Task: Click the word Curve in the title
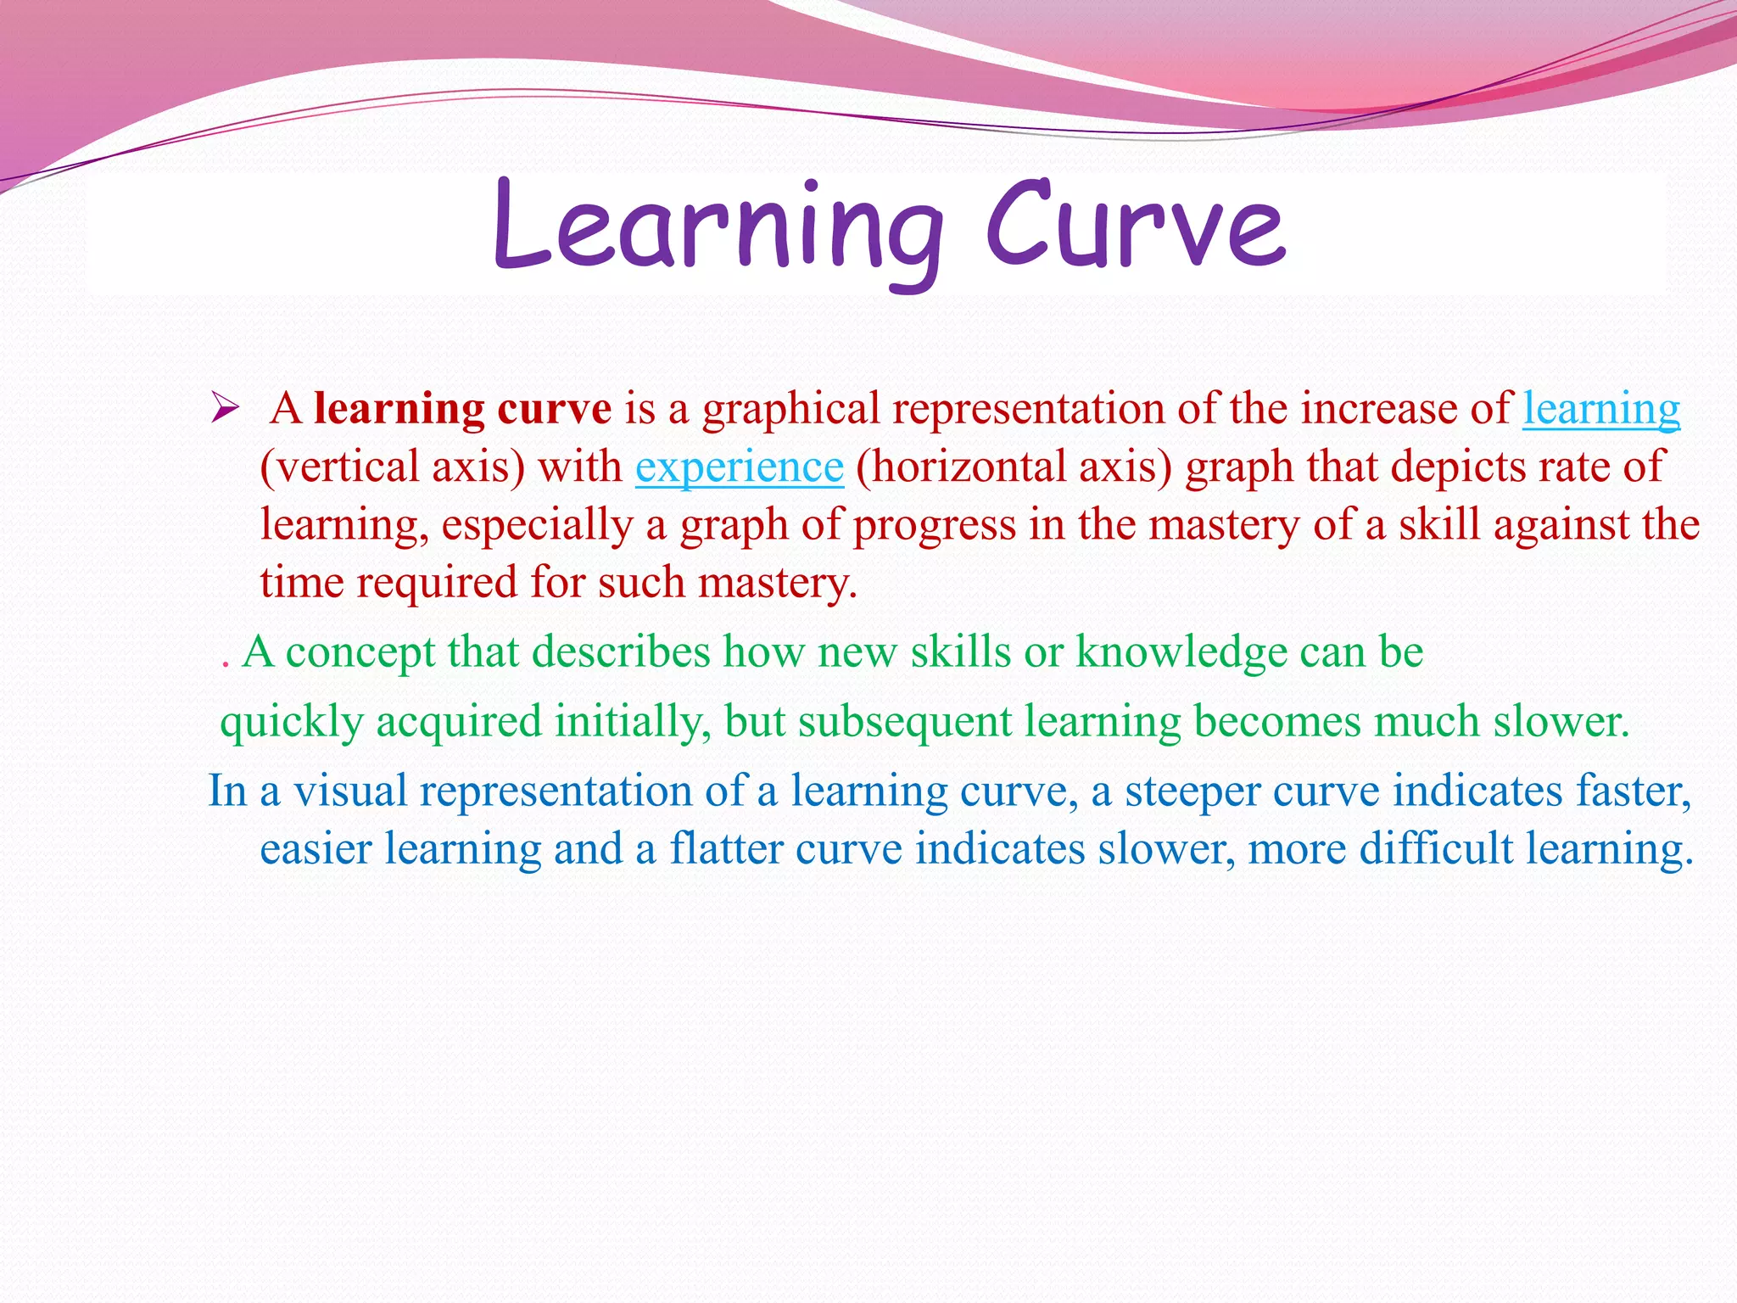coord(1135,227)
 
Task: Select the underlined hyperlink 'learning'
coord(1600,410)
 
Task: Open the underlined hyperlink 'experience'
coord(740,467)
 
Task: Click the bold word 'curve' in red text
coord(554,409)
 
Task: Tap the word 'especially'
coord(537,525)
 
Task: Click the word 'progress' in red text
coord(934,525)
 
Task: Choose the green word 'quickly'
coord(291,723)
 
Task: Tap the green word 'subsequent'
coord(904,723)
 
